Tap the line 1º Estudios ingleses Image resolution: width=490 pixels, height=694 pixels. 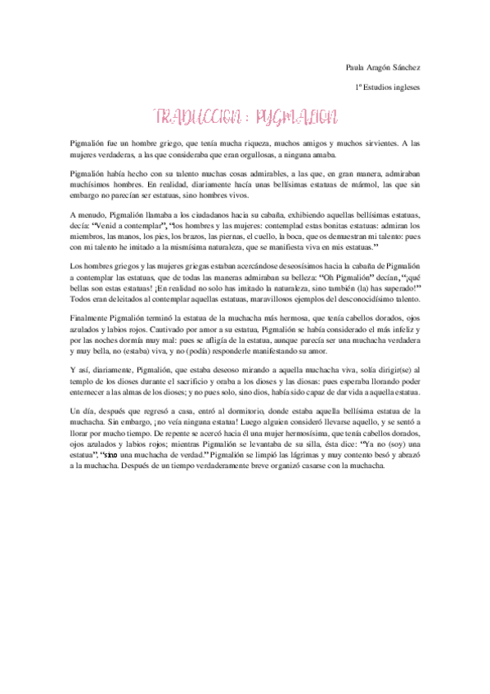(x=388, y=86)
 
